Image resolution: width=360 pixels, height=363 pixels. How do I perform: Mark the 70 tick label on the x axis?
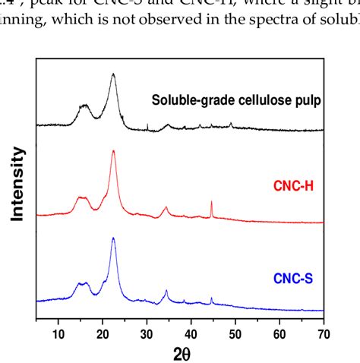coord(324,332)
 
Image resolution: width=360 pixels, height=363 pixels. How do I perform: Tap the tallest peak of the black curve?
coord(113,74)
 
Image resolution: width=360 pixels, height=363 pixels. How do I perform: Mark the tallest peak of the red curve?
coord(113,151)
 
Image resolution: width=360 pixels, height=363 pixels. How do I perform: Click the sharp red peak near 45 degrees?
coord(211,202)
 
